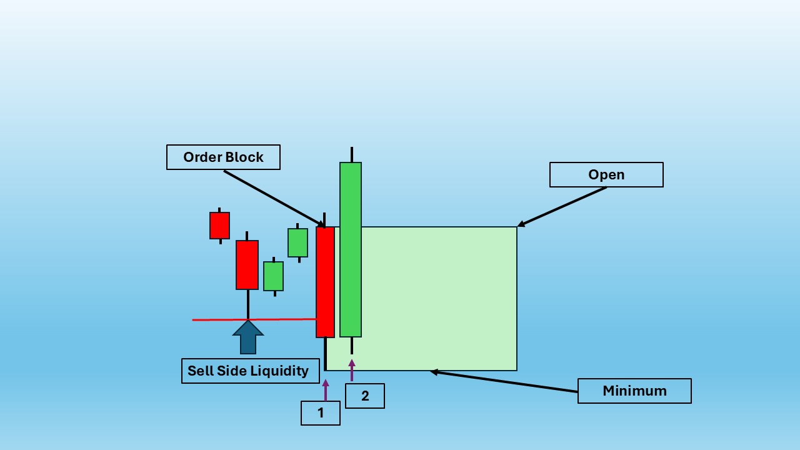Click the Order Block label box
223,157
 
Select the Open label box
606,174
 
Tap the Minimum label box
634,391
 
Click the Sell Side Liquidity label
251,371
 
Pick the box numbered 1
321,413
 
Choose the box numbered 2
365,396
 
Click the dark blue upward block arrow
248,337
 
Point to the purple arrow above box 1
326,390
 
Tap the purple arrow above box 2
352,370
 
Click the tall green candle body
351,249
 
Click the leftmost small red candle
219,226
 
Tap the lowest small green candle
274,276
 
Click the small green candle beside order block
298,243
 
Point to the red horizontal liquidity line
254,319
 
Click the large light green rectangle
439,299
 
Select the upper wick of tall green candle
352,154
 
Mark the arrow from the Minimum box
504,382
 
